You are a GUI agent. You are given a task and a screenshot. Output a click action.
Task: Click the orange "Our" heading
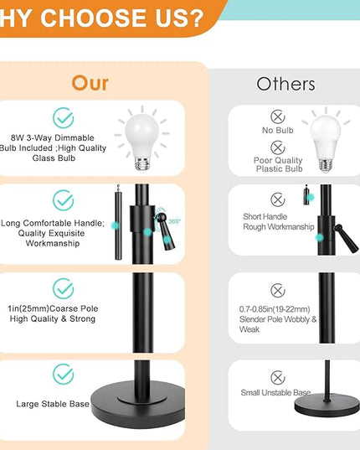click(x=90, y=84)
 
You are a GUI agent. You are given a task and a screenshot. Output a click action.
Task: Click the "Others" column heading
click(x=285, y=84)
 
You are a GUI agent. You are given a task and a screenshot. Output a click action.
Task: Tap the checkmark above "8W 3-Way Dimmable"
click(x=64, y=117)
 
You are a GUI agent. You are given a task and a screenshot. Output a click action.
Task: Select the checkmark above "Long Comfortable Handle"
click(x=64, y=200)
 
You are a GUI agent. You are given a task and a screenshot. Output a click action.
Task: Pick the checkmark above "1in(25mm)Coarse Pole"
click(x=64, y=288)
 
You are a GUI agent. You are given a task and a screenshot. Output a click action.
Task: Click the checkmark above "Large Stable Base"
click(x=64, y=374)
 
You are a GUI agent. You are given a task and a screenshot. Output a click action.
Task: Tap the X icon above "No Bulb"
click(x=278, y=116)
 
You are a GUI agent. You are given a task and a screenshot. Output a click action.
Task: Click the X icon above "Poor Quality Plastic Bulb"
click(x=278, y=147)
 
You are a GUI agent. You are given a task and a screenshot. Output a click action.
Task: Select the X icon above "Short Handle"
click(x=278, y=199)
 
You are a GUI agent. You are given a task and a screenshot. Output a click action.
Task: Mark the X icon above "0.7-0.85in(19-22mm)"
click(x=278, y=291)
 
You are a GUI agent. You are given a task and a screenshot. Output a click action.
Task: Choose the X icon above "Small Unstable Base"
click(x=278, y=377)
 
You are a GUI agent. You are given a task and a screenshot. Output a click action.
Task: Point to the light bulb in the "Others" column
click(x=326, y=143)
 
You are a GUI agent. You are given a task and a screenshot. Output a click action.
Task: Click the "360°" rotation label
click(x=174, y=221)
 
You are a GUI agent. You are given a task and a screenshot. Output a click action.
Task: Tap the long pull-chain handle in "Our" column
click(x=118, y=222)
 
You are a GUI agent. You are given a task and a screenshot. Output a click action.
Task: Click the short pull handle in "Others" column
click(x=306, y=195)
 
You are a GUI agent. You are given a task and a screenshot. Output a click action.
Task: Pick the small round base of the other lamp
click(x=327, y=405)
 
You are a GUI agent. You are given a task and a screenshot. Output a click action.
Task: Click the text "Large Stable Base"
click(x=53, y=404)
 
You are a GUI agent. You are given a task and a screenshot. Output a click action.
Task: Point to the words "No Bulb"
click(x=278, y=130)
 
